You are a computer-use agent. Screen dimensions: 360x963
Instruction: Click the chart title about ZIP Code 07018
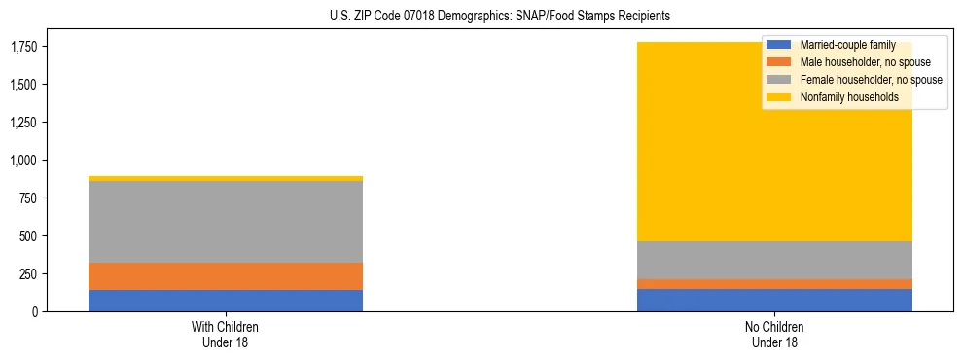tap(481, 17)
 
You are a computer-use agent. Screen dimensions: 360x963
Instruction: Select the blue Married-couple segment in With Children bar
tap(226, 301)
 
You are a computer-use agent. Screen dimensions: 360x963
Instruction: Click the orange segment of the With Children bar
tap(226, 276)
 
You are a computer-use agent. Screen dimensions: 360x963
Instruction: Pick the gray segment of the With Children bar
tap(226, 222)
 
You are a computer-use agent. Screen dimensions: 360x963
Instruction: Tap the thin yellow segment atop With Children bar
tap(226, 178)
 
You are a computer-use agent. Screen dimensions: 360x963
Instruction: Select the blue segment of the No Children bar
tap(774, 300)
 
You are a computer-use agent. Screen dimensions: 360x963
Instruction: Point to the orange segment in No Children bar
tap(774, 284)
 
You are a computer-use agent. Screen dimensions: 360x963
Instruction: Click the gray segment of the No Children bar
tap(774, 260)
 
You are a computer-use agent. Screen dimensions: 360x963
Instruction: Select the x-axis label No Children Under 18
tap(774, 334)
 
